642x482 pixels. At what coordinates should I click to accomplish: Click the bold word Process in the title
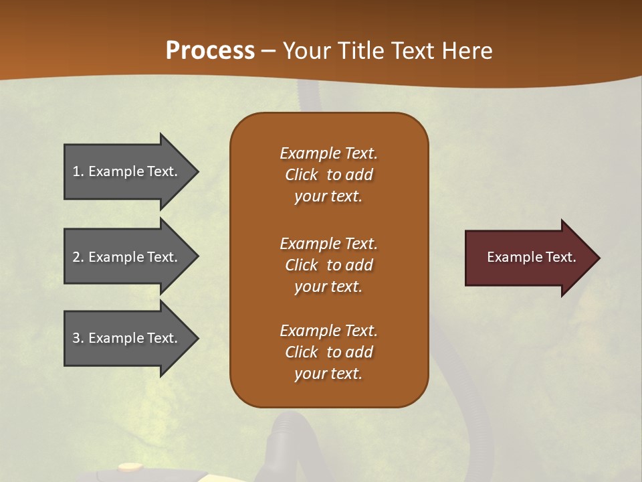210,51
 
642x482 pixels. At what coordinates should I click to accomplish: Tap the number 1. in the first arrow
78,171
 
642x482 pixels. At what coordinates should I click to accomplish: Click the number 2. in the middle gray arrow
78,257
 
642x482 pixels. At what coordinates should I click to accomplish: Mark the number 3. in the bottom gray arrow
78,338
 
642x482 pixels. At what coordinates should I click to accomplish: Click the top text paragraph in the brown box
328,175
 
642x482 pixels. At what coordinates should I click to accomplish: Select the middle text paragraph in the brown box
328,265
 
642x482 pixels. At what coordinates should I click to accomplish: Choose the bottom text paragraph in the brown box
328,352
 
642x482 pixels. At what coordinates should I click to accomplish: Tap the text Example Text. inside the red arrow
531,257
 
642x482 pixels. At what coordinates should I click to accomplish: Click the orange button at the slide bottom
129,467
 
